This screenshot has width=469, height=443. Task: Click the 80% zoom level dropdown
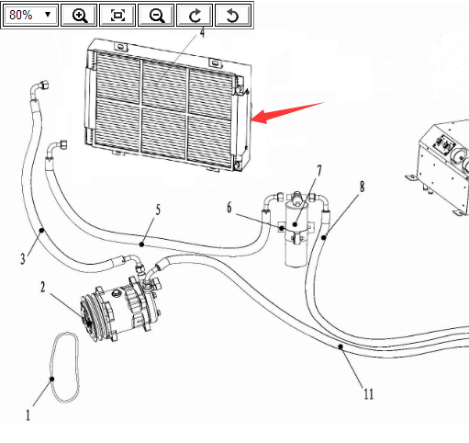pyautogui.click(x=29, y=15)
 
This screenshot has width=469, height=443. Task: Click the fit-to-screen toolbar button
pyautogui.click(x=117, y=15)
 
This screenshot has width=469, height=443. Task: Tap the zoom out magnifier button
pyautogui.click(x=156, y=15)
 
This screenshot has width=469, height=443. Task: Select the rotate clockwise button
pyautogui.click(x=195, y=15)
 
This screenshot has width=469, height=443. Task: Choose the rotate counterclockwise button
pyautogui.click(x=233, y=15)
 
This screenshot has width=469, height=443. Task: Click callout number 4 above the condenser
pyautogui.click(x=202, y=33)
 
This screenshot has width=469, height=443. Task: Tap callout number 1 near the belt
pyautogui.click(x=28, y=415)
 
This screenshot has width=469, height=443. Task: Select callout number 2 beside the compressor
pyautogui.click(x=43, y=287)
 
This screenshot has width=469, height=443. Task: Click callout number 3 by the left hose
pyautogui.click(x=23, y=259)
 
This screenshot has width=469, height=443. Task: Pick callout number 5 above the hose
pyautogui.click(x=158, y=210)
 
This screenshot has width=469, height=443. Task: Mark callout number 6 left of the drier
pyautogui.click(x=229, y=208)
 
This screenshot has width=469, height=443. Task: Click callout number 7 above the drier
pyautogui.click(x=319, y=171)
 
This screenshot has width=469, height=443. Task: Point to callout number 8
pyautogui.click(x=363, y=187)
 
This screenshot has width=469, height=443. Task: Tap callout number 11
pyautogui.click(x=369, y=394)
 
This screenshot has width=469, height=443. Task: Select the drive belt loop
pyautogui.click(x=52, y=379)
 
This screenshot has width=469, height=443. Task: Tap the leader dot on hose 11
pyautogui.click(x=341, y=346)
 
